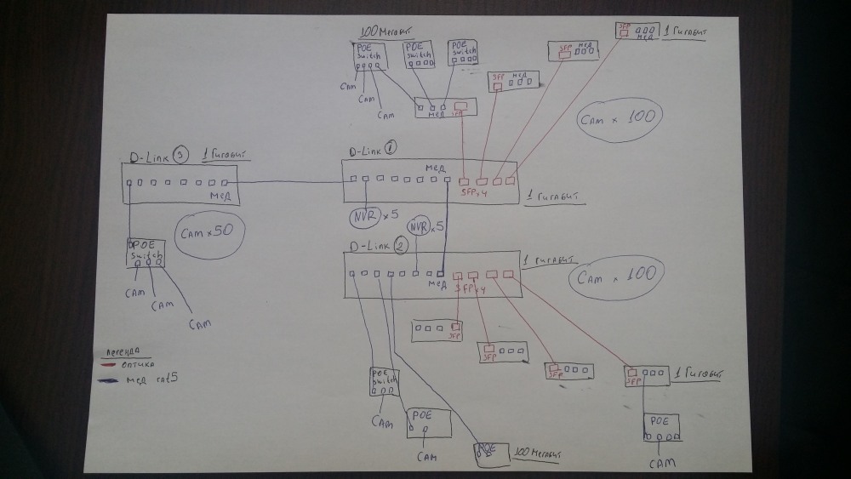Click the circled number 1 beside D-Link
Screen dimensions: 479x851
click(x=391, y=146)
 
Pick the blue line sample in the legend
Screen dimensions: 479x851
click(x=110, y=380)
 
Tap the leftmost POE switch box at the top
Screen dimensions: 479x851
click(x=370, y=56)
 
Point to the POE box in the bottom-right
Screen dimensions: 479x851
click(x=660, y=426)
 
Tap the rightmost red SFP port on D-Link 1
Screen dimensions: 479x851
click(x=510, y=180)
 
